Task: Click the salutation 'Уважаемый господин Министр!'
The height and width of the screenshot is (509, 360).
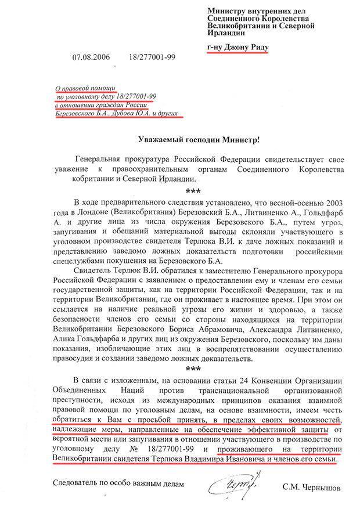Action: (x=198, y=139)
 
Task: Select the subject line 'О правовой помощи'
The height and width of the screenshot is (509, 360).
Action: (x=81, y=86)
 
